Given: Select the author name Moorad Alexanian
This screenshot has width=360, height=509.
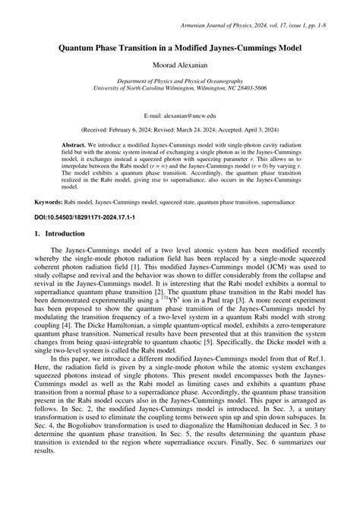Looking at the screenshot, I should (x=180, y=66).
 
